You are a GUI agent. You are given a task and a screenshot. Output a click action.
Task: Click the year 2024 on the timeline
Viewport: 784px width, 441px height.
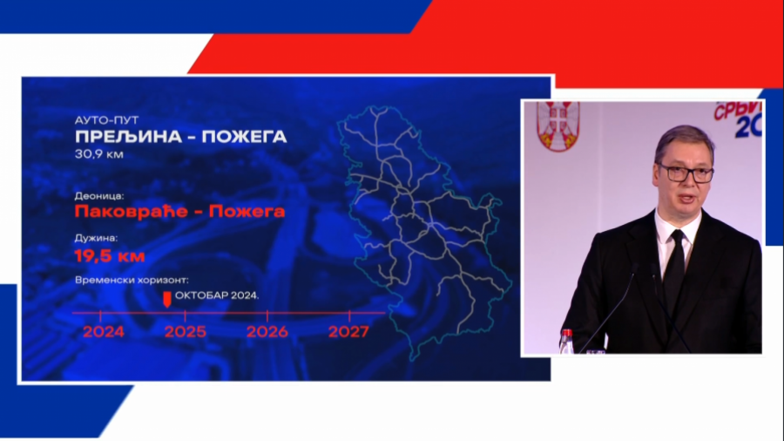[x=103, y=332]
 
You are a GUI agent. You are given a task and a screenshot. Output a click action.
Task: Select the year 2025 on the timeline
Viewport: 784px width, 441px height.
[x=186, y=332]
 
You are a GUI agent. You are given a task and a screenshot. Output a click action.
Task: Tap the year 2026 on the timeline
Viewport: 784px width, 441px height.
[x=267, y=332]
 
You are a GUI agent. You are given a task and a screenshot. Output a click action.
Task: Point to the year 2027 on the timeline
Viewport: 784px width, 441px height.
[x=349, y=332]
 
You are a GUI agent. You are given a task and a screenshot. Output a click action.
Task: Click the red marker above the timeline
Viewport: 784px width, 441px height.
[x=167, y=299]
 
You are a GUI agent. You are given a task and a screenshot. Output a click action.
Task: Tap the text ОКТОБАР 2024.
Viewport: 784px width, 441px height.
[x=217, y=295]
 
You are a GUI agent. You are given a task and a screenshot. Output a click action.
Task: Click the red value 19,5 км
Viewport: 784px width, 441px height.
[x=110, y=256]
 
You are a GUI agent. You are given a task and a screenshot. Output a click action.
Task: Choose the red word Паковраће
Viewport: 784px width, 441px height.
[x=123, y=211]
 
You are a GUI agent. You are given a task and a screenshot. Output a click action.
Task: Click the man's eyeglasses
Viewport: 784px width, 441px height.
[x=685, y=172]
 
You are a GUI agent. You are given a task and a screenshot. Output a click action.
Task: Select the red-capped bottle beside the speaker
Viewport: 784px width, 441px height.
[x=566, y=341]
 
